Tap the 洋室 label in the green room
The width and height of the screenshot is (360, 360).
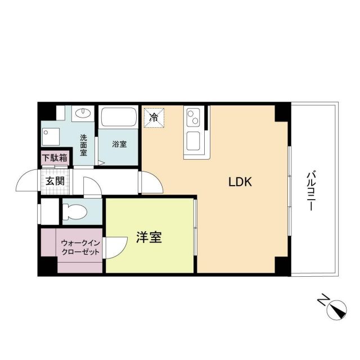point(149,238)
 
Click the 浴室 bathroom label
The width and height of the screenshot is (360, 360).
point(119,144)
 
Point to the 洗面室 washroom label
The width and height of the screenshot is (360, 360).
point(83,145)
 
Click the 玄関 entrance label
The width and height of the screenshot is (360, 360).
point(55,181)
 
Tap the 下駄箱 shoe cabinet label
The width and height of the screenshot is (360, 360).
point(55,158)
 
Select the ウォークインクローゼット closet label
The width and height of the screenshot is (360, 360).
point(80,247)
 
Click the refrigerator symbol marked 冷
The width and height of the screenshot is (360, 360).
point(153,118)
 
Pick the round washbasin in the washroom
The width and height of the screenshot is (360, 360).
point(84,113)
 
